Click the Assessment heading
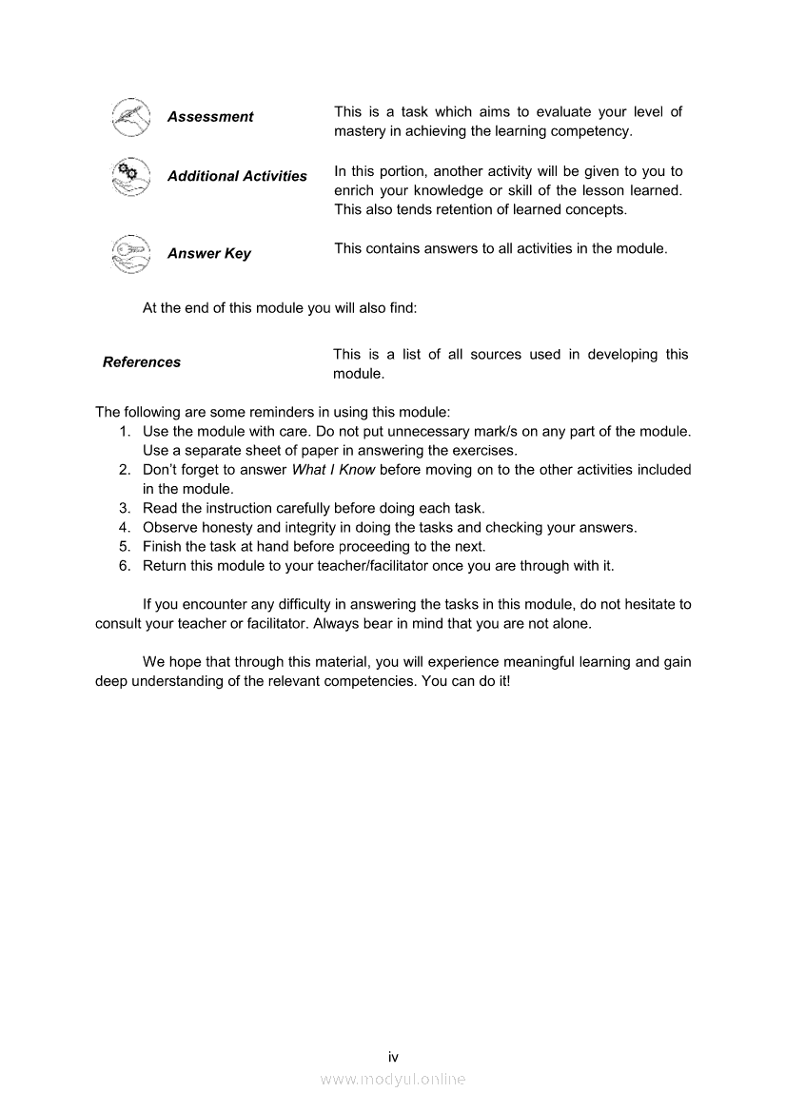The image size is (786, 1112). pos(210,117)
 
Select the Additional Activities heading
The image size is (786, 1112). pos(237,176)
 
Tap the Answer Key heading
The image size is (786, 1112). pos(209,254)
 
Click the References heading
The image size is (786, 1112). pos(142,362)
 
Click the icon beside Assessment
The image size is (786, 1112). pos(130,117)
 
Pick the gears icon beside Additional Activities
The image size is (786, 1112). pos(130,176)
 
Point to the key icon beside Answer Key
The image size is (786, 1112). pos(130,253)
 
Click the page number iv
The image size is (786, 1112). pos(393,1057)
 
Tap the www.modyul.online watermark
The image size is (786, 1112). pos(393,1079)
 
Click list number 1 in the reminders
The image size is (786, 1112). pos(125,432)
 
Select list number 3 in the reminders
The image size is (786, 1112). pos(125,508)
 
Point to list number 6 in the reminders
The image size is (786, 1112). pos(125,566)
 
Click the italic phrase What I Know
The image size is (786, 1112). pos(333,470)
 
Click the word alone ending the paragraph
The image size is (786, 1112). pos(569,624)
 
